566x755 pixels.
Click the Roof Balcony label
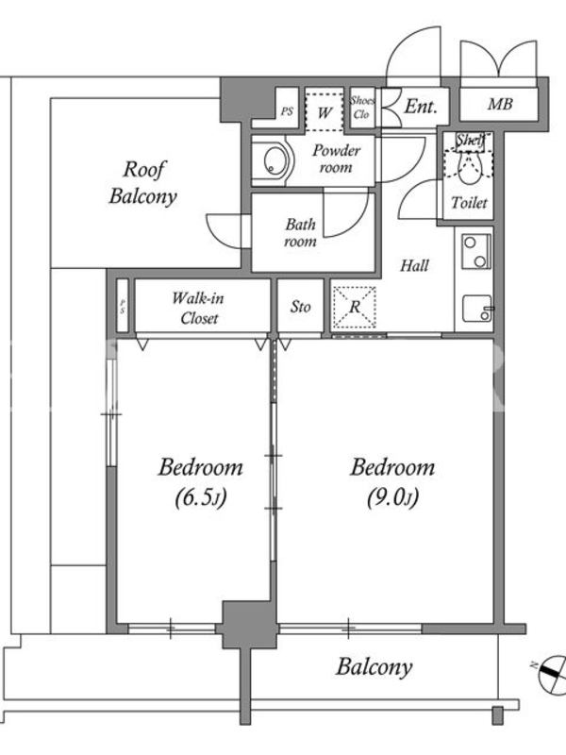click(143, 183)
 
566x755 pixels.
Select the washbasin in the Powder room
click(275, 160)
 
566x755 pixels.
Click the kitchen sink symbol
click(477, 309)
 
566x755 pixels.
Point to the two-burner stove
click(476, 251)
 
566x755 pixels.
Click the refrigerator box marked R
click(355, 308)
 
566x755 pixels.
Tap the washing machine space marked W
click(325, 111)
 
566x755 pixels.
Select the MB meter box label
click(500, 104)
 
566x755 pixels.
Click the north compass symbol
click(552, 672)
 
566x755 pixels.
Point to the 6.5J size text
click(200, 498)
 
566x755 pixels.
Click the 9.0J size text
click(392, 498)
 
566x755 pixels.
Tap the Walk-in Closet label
click(198, 309)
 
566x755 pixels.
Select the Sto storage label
click(300, 307)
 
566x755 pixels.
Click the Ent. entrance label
click(421, 106)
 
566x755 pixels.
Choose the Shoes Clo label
click(362, 108)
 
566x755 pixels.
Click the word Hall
click(414, 265)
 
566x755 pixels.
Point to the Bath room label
click(300, 232)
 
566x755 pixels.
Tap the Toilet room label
click(469, 203)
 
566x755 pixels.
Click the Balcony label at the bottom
click(374, 667)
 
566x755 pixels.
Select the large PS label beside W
click(287, 111)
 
